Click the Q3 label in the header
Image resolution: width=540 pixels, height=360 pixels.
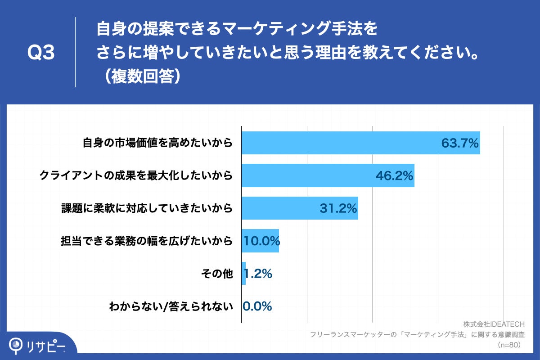(x=41, y=53)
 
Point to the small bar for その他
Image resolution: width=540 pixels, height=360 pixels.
(x=243, y=273)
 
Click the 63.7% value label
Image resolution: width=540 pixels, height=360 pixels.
(x=459, y=143)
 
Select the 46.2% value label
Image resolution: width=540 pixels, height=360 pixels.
(x=394, y=175)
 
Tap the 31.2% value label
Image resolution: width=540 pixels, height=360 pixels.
(x=338, y=208)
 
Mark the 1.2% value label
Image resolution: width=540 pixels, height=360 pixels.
(x=258, y=273)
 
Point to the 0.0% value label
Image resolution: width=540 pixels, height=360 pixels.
(x=257, y=306)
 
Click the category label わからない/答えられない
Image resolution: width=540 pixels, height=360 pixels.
(x=171, y=306)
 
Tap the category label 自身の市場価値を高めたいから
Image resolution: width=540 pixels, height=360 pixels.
(x=157, y=144)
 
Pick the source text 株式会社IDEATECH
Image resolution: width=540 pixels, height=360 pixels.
(x=494, y=324)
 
